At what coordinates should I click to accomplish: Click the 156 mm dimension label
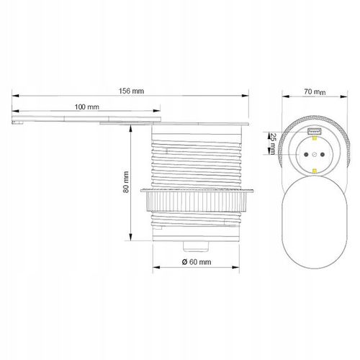click(x=130, y=91)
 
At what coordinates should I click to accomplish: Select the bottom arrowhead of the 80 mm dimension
click(x=130, y=240)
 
